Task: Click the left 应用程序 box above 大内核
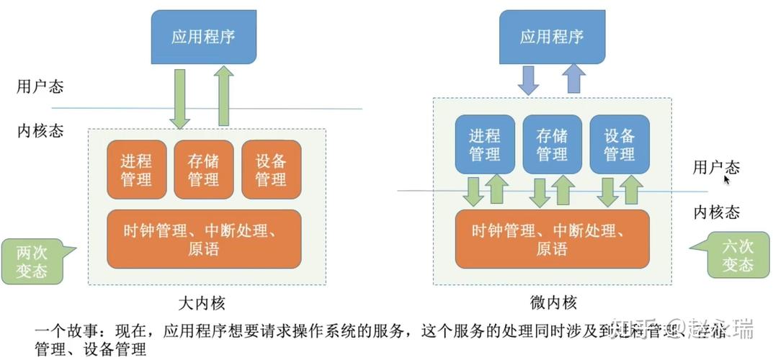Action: coord(203,36)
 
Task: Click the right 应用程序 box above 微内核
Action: coord(552,36)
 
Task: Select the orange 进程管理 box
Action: coord(136,170)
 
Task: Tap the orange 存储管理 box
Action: coord(203,170)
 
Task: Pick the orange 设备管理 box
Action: coord(271,170)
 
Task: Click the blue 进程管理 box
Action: coord(485,144)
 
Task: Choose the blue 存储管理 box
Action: coord(552,144)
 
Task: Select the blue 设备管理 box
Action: coord(619,144)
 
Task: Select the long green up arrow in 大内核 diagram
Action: coord(224,96)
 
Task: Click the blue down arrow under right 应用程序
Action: coord(530,80)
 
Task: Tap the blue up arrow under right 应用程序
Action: coord(574,78)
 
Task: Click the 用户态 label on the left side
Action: coord(40,87)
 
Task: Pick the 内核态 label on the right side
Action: coord(716,212)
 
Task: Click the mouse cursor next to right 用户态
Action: coord(728,179)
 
